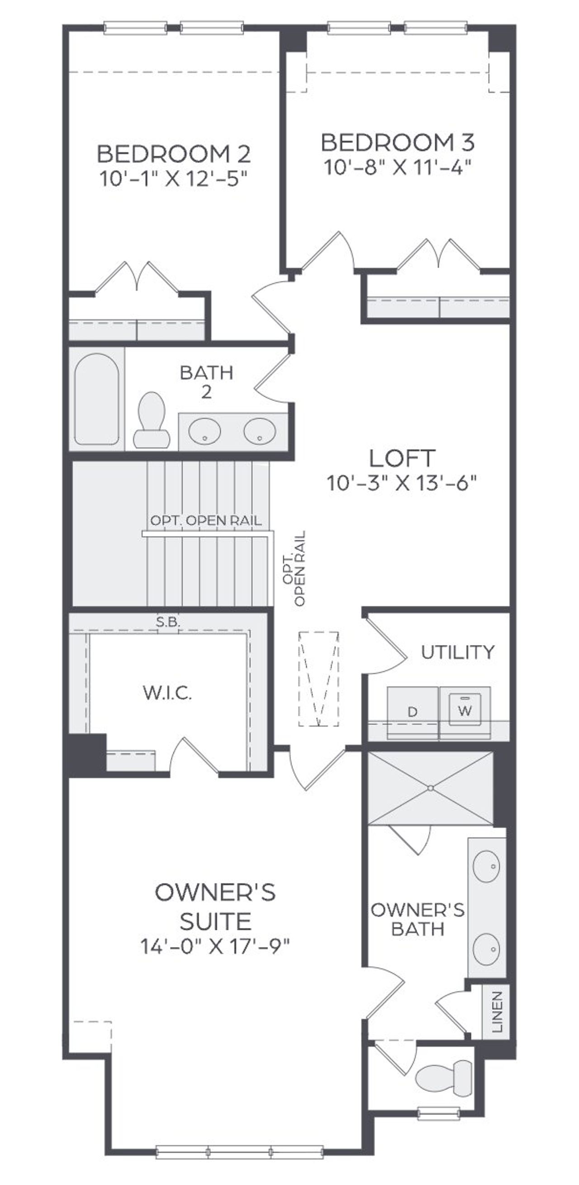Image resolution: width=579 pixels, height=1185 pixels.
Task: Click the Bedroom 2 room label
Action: coord(174,154)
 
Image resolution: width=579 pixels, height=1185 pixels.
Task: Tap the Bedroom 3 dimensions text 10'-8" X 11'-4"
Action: coord(398,167)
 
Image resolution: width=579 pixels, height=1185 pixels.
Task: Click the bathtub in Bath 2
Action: coord(97,399)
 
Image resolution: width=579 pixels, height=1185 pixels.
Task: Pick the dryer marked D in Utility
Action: coord(413,713)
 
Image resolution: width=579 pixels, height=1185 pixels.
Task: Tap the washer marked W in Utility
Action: coord(465,713)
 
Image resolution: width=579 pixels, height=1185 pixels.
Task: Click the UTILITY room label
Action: coord(458,652)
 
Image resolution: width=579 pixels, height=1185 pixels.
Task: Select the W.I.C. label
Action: coord(167,693)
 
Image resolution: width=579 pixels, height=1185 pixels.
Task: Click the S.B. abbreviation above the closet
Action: coord(168,623)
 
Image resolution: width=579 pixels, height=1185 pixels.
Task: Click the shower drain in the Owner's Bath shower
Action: coord(431,788)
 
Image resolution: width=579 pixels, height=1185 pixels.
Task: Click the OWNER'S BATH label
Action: coord(418,919)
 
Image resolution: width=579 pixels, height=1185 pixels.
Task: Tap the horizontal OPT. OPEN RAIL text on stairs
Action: coord(206,521)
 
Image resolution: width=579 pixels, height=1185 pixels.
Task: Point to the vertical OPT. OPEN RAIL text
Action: coord(294,569)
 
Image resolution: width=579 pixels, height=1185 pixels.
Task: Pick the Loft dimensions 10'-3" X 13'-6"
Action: coord(402,484)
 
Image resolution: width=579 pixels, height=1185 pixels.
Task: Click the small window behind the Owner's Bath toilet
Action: coord(439,1113)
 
